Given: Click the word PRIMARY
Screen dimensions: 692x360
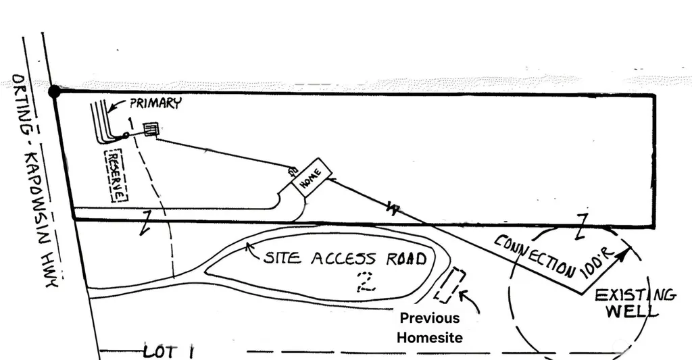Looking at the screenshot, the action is click(x=155, y=103).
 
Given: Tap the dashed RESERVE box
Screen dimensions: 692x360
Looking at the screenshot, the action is click(x=116, y=176).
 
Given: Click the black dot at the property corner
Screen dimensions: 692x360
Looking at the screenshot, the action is click(x=54, y=92).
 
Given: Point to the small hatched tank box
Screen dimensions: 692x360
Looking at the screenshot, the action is click(x=151, y=130).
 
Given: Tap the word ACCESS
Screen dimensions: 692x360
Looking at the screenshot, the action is click(x=344, y=259).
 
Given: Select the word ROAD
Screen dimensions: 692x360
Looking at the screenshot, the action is click(x=407, y=259).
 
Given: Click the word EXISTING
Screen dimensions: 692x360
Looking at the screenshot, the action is click(x=635, y=294).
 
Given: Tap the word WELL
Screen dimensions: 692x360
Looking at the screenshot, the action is click(x=632, y=310).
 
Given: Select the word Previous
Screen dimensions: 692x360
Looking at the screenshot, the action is click(x=429, y=318).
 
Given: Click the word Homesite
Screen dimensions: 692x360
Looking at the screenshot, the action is click(x=429, y=338).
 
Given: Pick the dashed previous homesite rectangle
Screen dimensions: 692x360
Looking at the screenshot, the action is click(x=449, y=286).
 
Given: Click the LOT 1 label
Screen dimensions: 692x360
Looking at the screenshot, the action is click(x=168, y=352).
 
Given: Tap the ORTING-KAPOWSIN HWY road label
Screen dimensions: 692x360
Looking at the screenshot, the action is click(x=34, y=181).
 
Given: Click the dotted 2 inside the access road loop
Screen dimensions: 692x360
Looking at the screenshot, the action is click(x=366, y=282).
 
